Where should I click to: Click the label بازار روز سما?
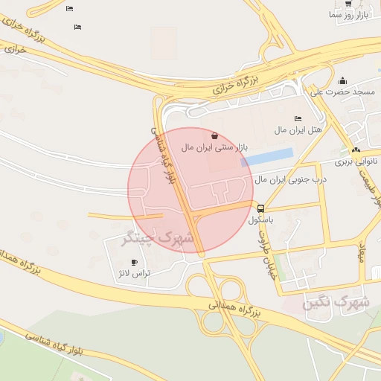click(348, 15)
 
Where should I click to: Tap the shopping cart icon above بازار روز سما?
click(348, 3)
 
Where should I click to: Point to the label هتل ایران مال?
click(298, 130)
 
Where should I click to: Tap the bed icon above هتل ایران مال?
click(298, 118)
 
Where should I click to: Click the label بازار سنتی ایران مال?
click(214, 147)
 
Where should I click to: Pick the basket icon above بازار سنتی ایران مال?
click(214, 136)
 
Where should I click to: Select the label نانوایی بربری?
click(356, 161)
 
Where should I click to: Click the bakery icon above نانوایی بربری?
click(356, 150)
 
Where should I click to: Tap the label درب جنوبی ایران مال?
click(291, 179)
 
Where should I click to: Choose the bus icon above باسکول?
click(260, 208)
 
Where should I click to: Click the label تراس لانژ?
click(135, 273)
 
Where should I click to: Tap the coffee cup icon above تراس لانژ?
click(135, 262)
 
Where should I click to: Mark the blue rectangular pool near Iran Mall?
click(267, 157)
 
